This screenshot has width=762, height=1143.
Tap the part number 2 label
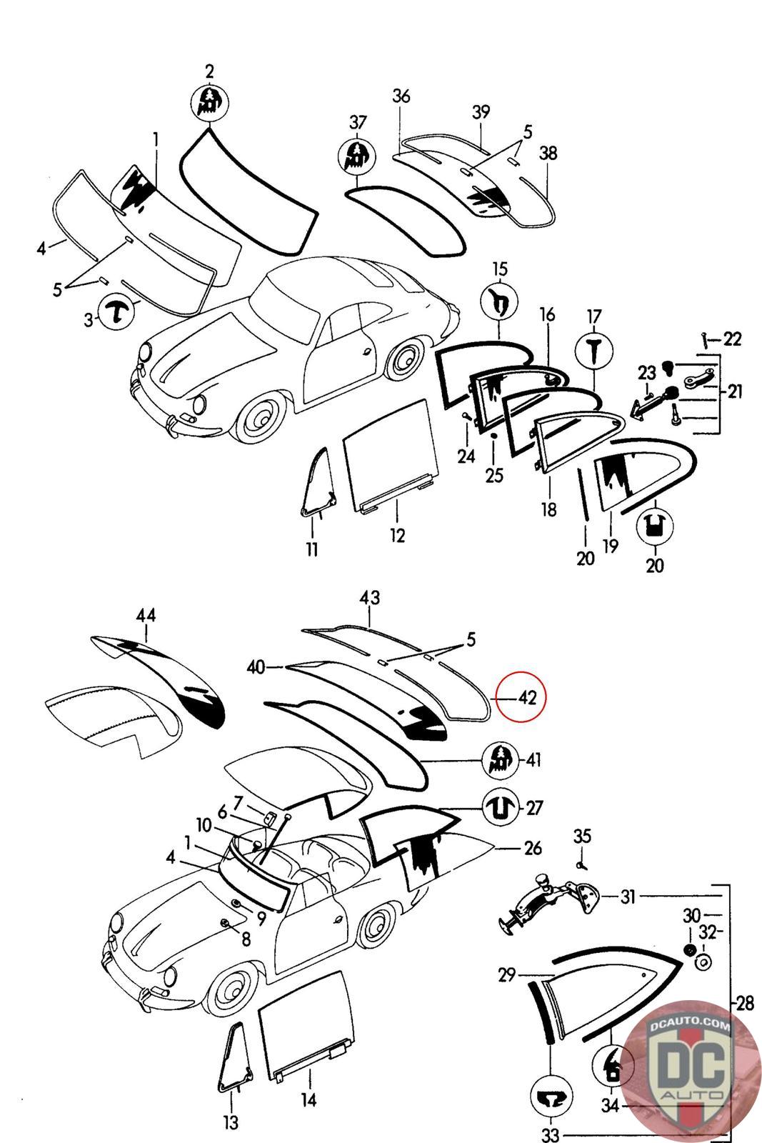point(209,71)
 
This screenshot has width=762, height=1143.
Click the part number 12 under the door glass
point(398,535)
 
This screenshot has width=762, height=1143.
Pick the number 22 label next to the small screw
point(732,339)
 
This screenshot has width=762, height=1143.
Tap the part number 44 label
point(146,615)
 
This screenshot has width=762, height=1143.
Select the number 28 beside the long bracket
point(745,1003)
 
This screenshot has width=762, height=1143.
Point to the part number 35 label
point(582,835)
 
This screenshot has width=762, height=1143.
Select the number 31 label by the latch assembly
point(627,896)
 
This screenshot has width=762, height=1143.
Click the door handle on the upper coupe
point(366,351)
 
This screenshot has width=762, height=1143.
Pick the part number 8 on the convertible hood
point(246,939)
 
